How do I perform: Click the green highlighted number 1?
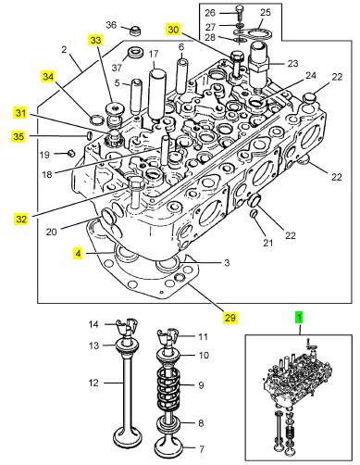[299, 318]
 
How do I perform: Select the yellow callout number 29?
[230, 318]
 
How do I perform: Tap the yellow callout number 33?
[95, 40]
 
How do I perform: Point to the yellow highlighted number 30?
[173, 30]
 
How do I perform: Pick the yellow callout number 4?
[78, 254]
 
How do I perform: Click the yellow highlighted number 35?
[19, 136]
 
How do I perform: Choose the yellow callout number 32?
[21, 220]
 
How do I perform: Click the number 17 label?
[154, 54]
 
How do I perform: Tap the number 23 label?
[292, 63]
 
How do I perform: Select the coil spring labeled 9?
[168, 386]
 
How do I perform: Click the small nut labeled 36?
[134, 31]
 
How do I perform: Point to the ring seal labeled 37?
[136, 53]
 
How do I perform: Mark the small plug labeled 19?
[71, 153]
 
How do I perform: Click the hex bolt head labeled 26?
[240, 9]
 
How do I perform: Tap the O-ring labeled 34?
[96, 119]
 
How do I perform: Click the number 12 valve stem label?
[93, 383]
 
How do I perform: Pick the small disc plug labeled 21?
[254, 213]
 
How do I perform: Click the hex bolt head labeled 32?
[135, 183]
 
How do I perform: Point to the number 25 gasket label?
[266, 12]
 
